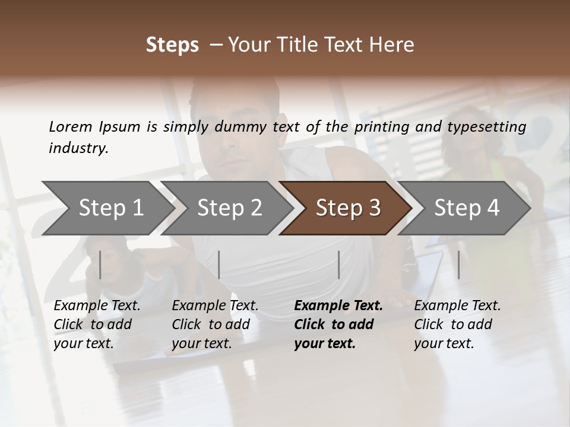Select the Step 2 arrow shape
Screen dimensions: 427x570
(226, 208)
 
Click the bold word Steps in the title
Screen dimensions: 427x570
(172, 44)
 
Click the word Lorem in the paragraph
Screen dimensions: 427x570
(70, 126)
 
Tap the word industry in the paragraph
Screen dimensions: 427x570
(77, 148)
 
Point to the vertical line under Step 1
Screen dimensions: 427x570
(100, 265)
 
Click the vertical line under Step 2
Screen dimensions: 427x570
(219, 265)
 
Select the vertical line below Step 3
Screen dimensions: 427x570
(338, 265)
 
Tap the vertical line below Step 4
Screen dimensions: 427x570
(458, 265)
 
